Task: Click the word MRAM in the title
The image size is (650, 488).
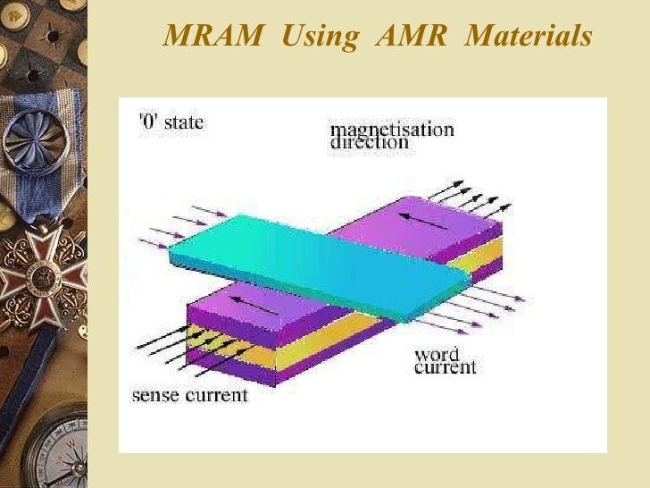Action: click(214, 37)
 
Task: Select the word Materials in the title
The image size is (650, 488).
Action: click(529, 37)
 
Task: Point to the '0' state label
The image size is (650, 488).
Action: click(171, 122)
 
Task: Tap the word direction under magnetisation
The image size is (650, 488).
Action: click(370, 143)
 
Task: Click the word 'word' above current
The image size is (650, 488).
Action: click(437, 355)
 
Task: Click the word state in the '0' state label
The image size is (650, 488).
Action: click(183, 122)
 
